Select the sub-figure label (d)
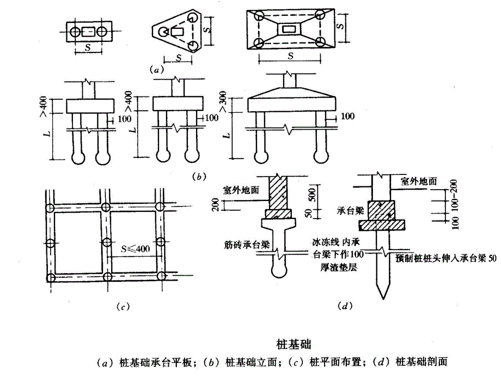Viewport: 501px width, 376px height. pos(344,306)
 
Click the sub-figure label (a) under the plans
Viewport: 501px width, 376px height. pos(155,70)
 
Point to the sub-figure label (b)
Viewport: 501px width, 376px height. pos(200,177)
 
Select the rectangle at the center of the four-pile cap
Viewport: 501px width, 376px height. pos(288,28)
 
